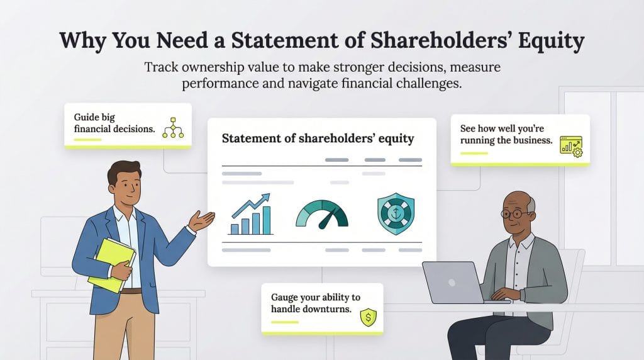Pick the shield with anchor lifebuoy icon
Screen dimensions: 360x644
pos(396,215)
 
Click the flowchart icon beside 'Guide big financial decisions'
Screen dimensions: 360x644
pos(172,127)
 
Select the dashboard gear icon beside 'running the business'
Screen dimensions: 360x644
pos(571,147)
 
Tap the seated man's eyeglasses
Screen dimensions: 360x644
pos(516,214)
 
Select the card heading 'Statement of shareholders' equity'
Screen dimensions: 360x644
pos(318,138)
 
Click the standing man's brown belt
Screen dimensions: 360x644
pos(131,291)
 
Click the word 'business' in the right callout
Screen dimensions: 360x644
pos(533,140)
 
